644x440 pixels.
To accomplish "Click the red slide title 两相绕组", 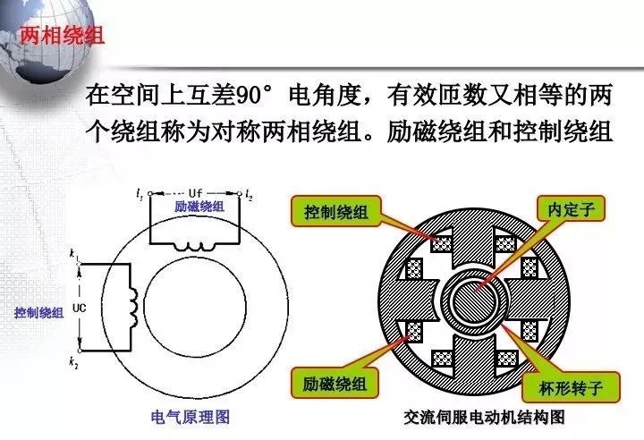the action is click(62, 36).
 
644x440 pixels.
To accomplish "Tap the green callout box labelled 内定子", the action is click(571, 209).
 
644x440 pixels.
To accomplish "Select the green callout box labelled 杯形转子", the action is click(571, 387).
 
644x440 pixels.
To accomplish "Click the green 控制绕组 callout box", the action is click(336, 211).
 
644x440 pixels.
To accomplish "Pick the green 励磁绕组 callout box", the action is click(335, 384).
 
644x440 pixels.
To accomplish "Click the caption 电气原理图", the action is click(191, 418).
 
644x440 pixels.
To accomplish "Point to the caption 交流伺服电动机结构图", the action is click(484, 418).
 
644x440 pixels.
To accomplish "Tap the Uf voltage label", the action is click(195, 192).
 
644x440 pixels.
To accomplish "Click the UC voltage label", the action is click(79, 308).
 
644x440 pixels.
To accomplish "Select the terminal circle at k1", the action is click(80, 263).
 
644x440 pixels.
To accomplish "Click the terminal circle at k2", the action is click(80, 351).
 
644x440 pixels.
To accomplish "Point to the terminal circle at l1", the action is click(150, 193).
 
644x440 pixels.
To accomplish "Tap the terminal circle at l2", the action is click(240, 193).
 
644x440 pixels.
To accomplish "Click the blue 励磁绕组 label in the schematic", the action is click(199, 206).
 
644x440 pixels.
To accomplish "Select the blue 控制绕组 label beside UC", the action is click(39, 313).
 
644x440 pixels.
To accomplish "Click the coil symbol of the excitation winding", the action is click(194, 247).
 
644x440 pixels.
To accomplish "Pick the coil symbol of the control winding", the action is click(134, 307).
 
